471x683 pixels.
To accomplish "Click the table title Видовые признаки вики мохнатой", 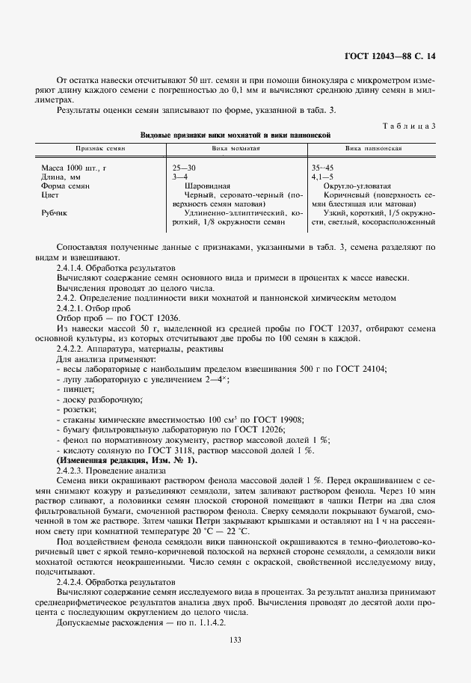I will (x=235, y=135).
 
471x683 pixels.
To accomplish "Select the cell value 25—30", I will (x=183, y=168).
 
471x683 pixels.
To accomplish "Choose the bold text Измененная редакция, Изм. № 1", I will (x=127, y=461).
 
